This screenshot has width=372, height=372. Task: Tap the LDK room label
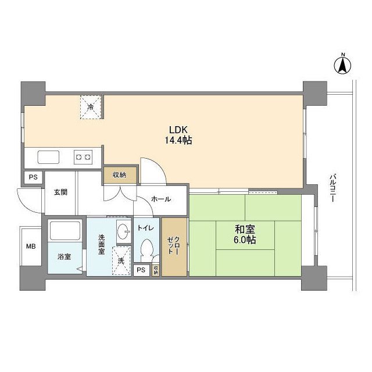[x=178, y=129]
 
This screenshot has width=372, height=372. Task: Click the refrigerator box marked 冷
[x=91, y=106]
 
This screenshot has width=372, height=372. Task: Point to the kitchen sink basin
[x=48, y=156]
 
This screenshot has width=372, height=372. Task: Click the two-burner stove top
[x=83, y=156]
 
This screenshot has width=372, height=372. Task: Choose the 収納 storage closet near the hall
[x=119, y=174]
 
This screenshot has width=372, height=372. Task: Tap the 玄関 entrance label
[x=60, y=192]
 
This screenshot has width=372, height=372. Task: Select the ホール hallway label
[x=160, y=199]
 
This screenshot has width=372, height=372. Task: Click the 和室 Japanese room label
[x=245, y=228]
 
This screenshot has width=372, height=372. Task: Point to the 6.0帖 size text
[x=245, y=239]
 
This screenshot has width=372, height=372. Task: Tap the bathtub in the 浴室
[x=64, y=231]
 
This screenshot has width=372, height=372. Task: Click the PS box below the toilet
[x=141, y=270]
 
